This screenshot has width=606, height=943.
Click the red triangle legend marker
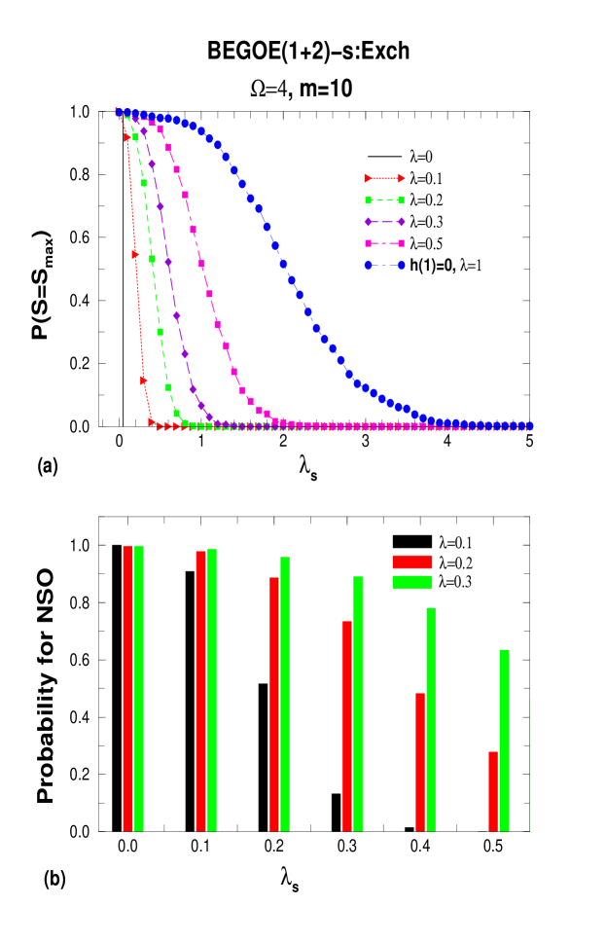pos(384,178)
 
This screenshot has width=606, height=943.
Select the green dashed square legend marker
pos(384,200)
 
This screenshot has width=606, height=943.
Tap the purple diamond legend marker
pos(384,222)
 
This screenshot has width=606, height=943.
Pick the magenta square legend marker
pos(384,243)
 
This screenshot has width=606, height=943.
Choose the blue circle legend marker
pos(384,265)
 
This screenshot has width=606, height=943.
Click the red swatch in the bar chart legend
pos(412,562)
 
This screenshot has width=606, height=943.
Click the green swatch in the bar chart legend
pos(412,582)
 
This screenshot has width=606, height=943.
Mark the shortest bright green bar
pos(504,740)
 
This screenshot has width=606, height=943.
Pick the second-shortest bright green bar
pos(431,719)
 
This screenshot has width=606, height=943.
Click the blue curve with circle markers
pos(283,263)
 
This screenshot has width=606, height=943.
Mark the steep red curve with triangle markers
pos(135,255)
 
